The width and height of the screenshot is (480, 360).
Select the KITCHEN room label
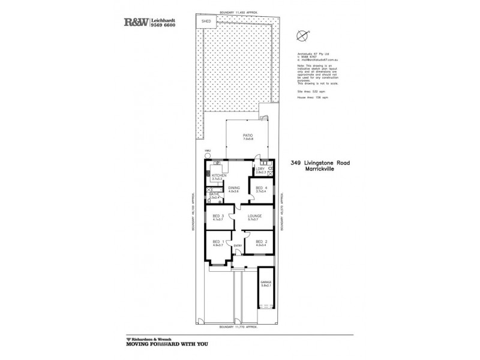[217, 176]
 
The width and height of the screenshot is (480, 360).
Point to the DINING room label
[234, 188]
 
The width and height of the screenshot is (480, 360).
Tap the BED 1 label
[218, 242]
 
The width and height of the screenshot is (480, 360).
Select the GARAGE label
[265, 281]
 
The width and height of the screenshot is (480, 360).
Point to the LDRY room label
[260, 169]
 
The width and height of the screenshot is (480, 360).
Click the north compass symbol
[301, 34]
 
